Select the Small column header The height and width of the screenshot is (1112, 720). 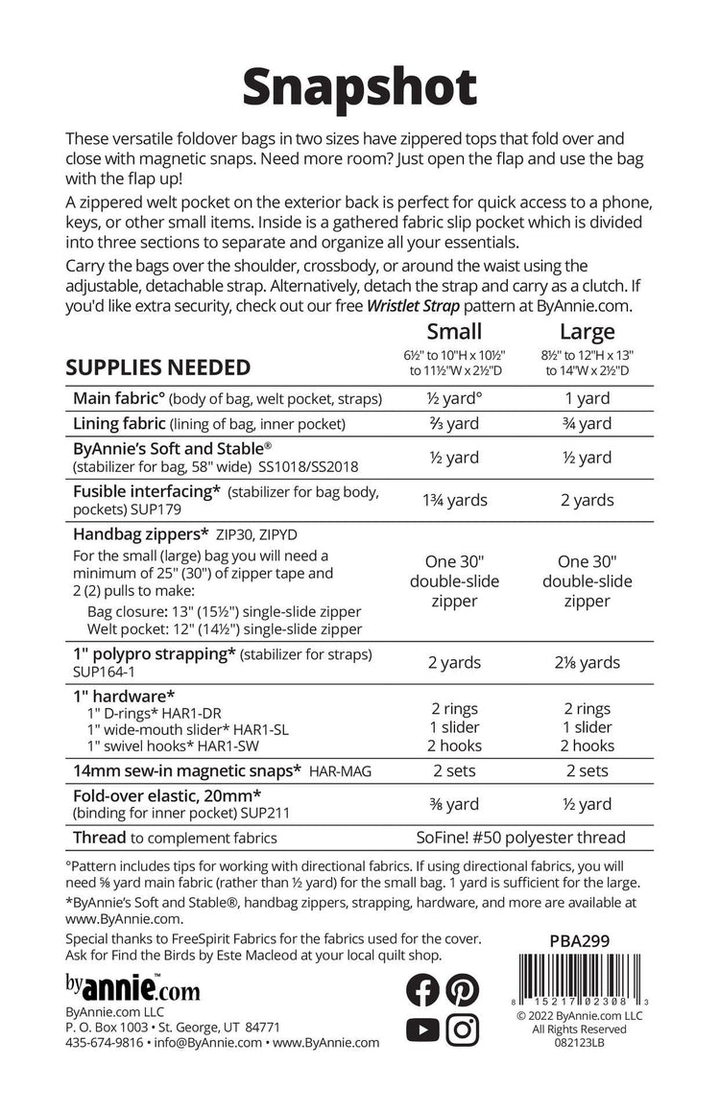[453, 332]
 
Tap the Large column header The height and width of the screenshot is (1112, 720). [587, 332]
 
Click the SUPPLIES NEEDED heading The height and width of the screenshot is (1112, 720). [158, 367]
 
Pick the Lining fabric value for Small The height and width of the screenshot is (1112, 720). [453, 423]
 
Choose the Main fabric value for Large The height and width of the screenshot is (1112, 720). [587, 397]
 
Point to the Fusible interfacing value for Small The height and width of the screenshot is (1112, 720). [453, 499]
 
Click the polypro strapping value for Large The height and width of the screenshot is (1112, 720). [587, 662]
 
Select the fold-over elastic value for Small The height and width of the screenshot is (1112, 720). [453, 804]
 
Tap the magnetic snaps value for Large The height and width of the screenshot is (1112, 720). [587, 769]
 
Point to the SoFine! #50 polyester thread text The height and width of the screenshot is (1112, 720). [520, 838]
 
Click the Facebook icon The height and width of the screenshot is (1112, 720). [422, 989]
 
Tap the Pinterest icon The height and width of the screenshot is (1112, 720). [463, 989]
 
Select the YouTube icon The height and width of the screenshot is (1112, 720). [422, 1029]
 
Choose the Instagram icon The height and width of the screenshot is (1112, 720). [463, 1029]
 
